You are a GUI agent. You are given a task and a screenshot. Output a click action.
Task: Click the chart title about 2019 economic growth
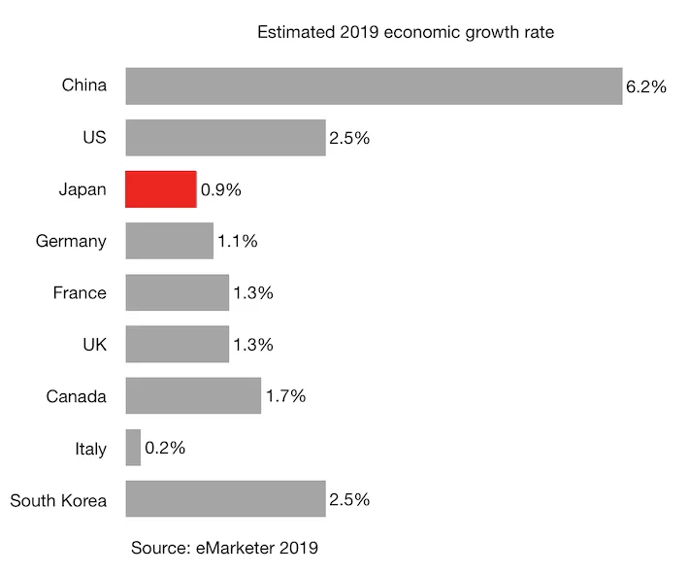[405, 33]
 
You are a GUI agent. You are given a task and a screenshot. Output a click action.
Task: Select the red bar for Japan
[161, 189]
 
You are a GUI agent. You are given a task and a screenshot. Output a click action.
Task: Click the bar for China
[374, 85]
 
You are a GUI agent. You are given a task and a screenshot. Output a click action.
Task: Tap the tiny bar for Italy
[133, 448]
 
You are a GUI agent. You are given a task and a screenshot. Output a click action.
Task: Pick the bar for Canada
[193, 396]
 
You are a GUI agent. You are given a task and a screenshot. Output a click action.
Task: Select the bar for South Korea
[225, 499]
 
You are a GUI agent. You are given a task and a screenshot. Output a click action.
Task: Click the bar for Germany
[169, 241]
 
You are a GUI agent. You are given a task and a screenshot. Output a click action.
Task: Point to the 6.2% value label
[646, 86]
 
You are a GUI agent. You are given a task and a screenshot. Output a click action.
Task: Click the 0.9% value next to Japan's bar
[220, 190]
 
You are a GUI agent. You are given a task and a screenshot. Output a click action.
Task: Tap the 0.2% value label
[165, 449]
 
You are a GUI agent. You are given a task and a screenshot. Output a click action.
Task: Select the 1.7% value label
[285, 396]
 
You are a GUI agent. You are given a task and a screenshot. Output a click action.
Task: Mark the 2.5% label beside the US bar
[349, 138]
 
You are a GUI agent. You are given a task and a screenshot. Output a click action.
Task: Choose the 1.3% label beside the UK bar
[253, 345]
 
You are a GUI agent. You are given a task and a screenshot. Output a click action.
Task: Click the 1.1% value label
[237, 242]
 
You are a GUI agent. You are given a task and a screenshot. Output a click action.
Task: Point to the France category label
[80, 293]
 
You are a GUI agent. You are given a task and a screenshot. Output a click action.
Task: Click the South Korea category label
[58, 500]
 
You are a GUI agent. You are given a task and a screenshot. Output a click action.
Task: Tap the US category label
[94, 138]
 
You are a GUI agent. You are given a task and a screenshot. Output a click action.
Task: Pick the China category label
[83, 85]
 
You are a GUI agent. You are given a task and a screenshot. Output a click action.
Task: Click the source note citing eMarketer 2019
[224, 548]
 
